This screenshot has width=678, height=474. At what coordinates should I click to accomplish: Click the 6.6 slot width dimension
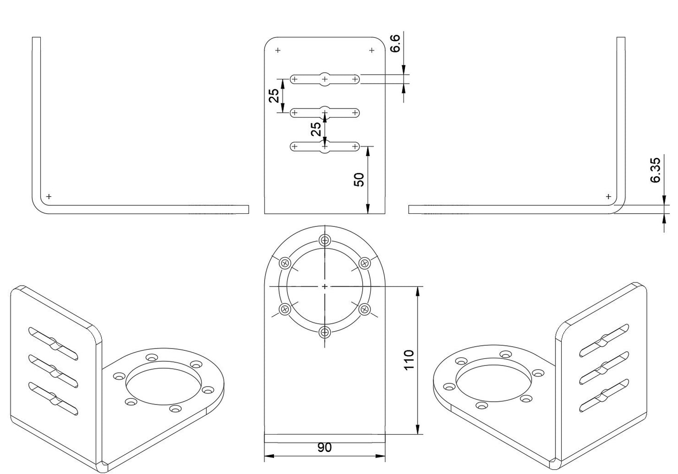[x=395, y=44]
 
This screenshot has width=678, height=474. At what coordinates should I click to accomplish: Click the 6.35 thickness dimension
[x=655, y=170]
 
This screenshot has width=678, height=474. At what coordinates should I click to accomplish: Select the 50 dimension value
[x=359, y=180]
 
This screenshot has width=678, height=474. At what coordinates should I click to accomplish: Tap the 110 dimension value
[x=409, y=360]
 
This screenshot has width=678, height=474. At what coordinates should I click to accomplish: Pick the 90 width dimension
[x=325, y=448]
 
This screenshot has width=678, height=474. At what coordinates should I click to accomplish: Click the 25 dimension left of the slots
[x=274, y=96]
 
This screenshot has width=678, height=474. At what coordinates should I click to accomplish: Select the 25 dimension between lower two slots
[x=316, y=129]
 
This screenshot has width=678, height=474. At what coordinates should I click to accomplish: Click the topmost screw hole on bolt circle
[x=325, y=241]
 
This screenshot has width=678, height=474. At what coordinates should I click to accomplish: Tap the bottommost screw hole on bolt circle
[x=325, y=333]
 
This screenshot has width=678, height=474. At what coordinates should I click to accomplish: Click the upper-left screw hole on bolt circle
[x=285, y=264]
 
